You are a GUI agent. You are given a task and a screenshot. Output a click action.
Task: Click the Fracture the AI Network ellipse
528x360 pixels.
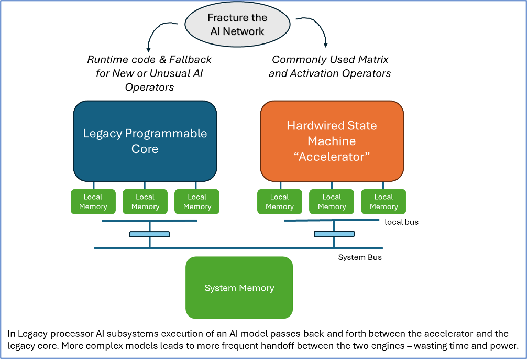coord(237,25)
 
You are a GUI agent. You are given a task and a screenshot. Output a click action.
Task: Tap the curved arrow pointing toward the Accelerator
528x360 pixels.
coord(317,29)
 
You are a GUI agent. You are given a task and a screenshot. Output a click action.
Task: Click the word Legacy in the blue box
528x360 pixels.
coord(102,134)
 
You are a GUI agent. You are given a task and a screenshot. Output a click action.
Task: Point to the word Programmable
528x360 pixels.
coord(166,134)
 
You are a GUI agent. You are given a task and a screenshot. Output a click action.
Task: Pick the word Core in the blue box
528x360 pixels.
coord(145,149)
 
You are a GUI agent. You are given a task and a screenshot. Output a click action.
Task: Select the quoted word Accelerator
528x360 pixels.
coord(332,157)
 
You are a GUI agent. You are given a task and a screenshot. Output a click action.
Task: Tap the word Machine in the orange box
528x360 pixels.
coord(332,141)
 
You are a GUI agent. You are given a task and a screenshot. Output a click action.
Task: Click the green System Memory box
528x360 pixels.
coord(239,288)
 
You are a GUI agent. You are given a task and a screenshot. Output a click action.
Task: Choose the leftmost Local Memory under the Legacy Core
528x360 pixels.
coord(93,202)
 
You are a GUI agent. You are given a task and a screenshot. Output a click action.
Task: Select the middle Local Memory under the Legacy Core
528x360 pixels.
coord(145,202)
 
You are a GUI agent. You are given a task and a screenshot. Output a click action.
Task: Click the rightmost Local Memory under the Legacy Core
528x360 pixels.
coord(197,202)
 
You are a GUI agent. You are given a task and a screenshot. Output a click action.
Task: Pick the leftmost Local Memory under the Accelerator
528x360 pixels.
coord(279,202)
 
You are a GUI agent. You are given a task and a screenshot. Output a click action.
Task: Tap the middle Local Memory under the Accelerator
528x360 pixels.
coord(332,202)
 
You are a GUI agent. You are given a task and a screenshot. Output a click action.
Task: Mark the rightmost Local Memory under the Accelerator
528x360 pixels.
coord(383,202)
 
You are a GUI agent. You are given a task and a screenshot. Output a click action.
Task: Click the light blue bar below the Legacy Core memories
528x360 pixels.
coord(150,234)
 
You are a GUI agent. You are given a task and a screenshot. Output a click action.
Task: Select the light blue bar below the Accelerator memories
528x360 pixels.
coord(334,234)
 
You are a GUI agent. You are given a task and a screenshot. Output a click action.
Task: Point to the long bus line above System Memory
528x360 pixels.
coord(238,247)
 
